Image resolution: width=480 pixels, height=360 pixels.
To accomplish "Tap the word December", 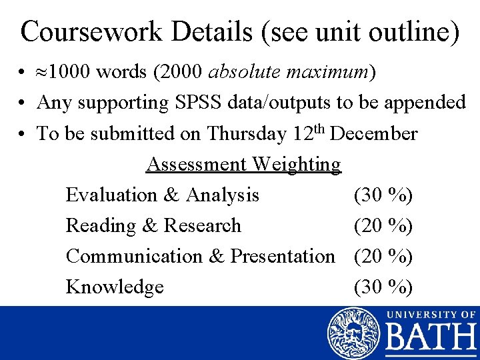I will pos(374,133).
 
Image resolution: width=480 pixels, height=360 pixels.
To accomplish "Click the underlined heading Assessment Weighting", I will pos(243,164).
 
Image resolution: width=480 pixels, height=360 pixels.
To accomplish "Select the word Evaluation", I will pos(109,195).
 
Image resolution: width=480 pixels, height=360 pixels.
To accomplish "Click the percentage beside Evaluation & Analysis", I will pos(383,195).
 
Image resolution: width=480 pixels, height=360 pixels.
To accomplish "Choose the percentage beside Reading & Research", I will pos(383,225).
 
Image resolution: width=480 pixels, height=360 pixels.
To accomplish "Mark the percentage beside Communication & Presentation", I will pos(383,256).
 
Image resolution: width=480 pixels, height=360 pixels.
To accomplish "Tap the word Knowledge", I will pos(115,287).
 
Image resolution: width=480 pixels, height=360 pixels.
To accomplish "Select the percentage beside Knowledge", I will pos(383,287).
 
